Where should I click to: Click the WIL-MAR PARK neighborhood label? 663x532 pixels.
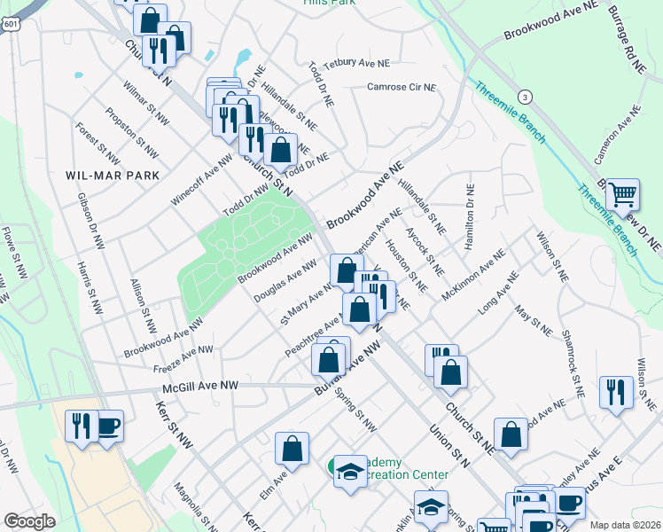click(x=113, y=176)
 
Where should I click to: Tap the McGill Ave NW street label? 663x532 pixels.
click(x=201, y=387)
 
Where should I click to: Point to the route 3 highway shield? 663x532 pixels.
click(x=526, y=96)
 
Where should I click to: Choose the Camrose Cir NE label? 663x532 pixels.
click(x=402, y=87)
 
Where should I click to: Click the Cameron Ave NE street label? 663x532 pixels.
click(x=618, y=134)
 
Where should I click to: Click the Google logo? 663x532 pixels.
click(x=29, y=521)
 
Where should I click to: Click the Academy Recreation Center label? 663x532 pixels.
click(x=404, y=469)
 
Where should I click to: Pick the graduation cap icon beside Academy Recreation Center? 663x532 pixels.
click(x=350, y=472)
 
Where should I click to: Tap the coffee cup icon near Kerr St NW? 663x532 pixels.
click(x=108, y=426)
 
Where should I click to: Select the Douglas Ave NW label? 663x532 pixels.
click(x=285, y=281)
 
